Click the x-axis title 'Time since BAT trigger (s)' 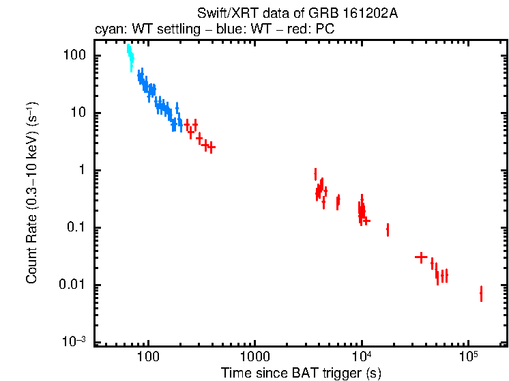[301, 373]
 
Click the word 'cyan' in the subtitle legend [106, 30]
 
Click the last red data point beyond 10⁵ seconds [481, 294]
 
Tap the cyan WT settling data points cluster [130, 56]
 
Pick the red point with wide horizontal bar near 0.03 [421, 257]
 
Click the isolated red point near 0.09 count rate [388, 230]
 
